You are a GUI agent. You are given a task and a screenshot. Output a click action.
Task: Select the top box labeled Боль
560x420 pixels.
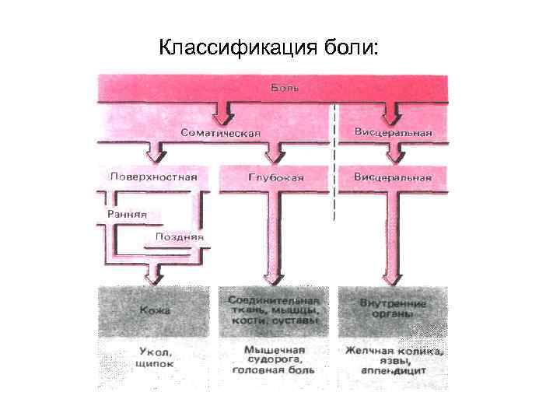(x=272, y=88)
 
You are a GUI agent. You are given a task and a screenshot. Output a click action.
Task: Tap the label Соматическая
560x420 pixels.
(x=220, y=134)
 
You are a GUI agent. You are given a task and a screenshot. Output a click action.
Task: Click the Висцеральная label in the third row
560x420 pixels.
(x=392, y=177)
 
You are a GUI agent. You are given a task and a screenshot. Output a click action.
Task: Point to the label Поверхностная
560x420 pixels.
(x=153, y=177)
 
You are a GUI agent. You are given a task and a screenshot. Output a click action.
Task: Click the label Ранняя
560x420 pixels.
(x=127, y=214)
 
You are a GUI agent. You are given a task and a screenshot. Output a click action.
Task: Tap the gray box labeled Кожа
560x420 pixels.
(x=154, y=310)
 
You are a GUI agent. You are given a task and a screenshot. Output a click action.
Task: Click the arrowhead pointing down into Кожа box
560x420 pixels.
(x=155, y=277)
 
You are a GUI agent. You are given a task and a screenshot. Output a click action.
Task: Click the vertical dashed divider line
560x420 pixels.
(x=335, y=163)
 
